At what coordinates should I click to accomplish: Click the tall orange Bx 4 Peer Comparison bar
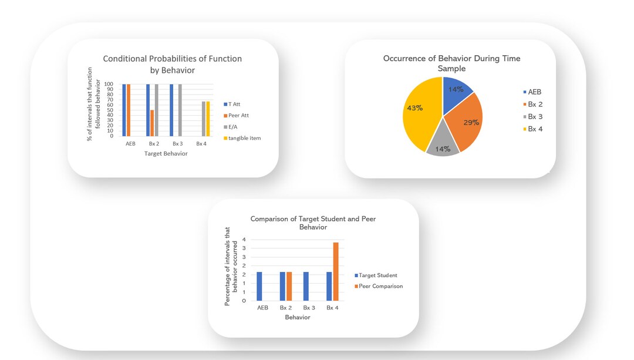[x=336, y=271]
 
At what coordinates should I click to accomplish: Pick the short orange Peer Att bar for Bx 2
[x=153, y=123]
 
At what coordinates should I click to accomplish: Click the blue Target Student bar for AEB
[x=259, y=286]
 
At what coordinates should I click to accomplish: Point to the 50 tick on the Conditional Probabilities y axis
[x=109, y=110]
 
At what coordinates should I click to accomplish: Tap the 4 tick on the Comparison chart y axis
[x=244, y=240]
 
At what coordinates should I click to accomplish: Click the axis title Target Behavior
[x=166, y=154]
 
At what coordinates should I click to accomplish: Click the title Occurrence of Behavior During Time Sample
[x=451, y=63]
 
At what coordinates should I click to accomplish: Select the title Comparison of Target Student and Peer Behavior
[x=313, y=223]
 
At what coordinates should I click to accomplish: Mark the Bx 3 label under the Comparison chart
[x=309, y=308]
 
